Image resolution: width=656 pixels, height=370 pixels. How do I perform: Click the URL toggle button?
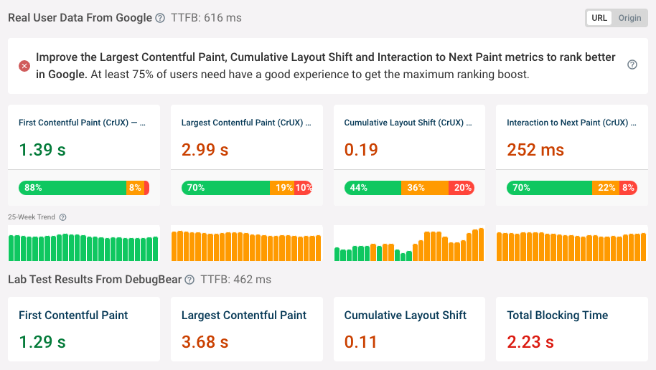tap(599, 18)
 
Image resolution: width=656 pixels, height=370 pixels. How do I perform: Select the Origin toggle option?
tap(629, 18)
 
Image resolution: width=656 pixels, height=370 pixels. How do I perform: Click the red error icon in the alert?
tap(24, 66)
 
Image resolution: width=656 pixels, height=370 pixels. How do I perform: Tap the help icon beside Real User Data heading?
tap(159, 18)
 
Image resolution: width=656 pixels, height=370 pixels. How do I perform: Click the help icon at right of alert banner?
tap(632, 65)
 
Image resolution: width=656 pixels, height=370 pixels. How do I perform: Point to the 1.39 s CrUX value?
tap(42, 150)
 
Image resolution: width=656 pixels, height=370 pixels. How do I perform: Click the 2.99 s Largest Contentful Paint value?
tap(205, 150)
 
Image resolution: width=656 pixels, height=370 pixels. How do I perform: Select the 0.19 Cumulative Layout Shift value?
tap(361, 150)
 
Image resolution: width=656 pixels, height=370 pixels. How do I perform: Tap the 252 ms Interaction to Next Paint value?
tap(535, 150)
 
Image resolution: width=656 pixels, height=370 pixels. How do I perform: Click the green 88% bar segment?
tap(72, 188)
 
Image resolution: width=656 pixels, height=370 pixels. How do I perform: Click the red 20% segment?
tap(461, 188)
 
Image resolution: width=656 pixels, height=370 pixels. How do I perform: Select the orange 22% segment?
tap(606, 188)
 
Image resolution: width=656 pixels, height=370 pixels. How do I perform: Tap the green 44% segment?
tap(372, 188)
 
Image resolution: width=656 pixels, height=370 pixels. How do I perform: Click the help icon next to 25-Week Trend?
tap(62, 217)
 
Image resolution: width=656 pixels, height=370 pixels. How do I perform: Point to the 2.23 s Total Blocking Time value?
tap(531, 342)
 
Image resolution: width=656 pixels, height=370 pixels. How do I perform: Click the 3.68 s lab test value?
tap(205, 342)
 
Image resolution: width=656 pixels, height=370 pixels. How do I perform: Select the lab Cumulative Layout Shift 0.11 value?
tap(361, 342)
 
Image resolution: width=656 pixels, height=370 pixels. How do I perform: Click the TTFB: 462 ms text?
tap(235, 280)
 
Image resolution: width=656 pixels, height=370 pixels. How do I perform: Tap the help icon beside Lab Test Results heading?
tap(189, 280)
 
